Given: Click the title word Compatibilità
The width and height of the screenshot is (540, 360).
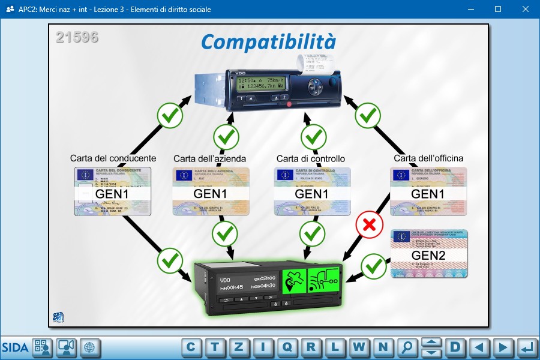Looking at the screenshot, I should [x=268, y=42].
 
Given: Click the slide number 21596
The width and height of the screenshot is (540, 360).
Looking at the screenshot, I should [x=77, y=37].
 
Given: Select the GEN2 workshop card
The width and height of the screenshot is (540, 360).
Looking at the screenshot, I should [x=428, y=253].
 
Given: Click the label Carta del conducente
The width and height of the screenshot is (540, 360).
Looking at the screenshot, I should [x=113, y=158].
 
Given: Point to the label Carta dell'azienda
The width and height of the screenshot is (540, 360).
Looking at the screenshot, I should [x=210, y=158].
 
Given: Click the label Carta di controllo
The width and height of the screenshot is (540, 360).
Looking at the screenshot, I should [x=311, y=158].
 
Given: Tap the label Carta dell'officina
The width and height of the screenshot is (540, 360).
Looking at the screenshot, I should [x=428, y=158].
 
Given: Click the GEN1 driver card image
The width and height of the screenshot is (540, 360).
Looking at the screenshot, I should [x=113, y=191].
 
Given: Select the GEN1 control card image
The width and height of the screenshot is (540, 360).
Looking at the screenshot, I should [x=313, y=191].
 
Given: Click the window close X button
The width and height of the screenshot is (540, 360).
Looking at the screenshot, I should [x=524, y=9].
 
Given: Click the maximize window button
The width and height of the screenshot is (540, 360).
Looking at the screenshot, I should [x=497, y=9].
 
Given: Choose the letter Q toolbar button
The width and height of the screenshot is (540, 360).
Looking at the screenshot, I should [x=287, y=347].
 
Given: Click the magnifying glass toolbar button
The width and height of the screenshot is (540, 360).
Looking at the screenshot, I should [x=407, y=347].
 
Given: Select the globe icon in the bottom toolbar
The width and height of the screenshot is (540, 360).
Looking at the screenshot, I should [x=89, y=347].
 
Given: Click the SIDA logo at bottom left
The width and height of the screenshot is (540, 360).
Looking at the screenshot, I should [x=15, y=347].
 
